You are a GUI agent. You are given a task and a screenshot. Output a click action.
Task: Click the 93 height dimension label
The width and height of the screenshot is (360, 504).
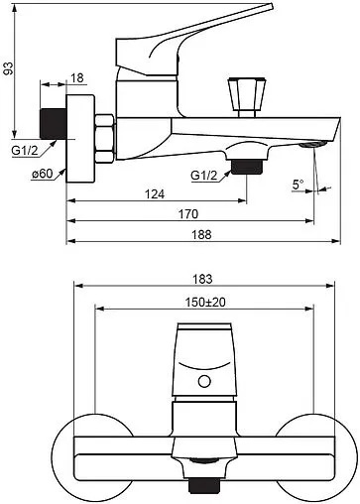[x=9, y=68]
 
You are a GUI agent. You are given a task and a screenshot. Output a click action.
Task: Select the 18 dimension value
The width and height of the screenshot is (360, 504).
[x=77, y=78]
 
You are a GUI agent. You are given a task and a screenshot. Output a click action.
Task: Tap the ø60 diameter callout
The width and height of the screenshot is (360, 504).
[x=43, y=174]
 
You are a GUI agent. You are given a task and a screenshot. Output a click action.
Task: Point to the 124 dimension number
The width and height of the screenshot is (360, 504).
[x=155, y=194]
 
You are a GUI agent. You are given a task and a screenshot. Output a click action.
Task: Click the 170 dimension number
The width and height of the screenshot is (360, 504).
[x=188, y=214]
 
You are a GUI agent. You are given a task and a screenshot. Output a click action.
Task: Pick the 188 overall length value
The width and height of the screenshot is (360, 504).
[x=201, y=235]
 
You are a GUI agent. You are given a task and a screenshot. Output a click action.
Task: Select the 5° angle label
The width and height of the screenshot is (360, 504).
[x=298, y=185]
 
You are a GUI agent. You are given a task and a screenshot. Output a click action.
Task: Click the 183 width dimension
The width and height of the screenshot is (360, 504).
[x=202, y=280]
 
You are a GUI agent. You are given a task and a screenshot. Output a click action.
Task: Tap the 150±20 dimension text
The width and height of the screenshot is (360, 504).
[x=205, y=302]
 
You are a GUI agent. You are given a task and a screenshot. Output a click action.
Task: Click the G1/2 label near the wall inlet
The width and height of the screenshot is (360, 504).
[x=25, y=151]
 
